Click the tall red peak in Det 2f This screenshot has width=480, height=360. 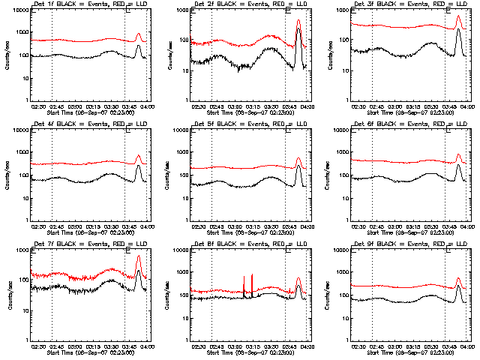click(298, 21)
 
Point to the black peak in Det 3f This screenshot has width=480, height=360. click(458, 29)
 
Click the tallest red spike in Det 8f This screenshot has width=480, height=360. click(252, 274)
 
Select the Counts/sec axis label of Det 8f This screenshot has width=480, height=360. click(166, 295)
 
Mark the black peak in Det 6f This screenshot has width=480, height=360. click(458, 165)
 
